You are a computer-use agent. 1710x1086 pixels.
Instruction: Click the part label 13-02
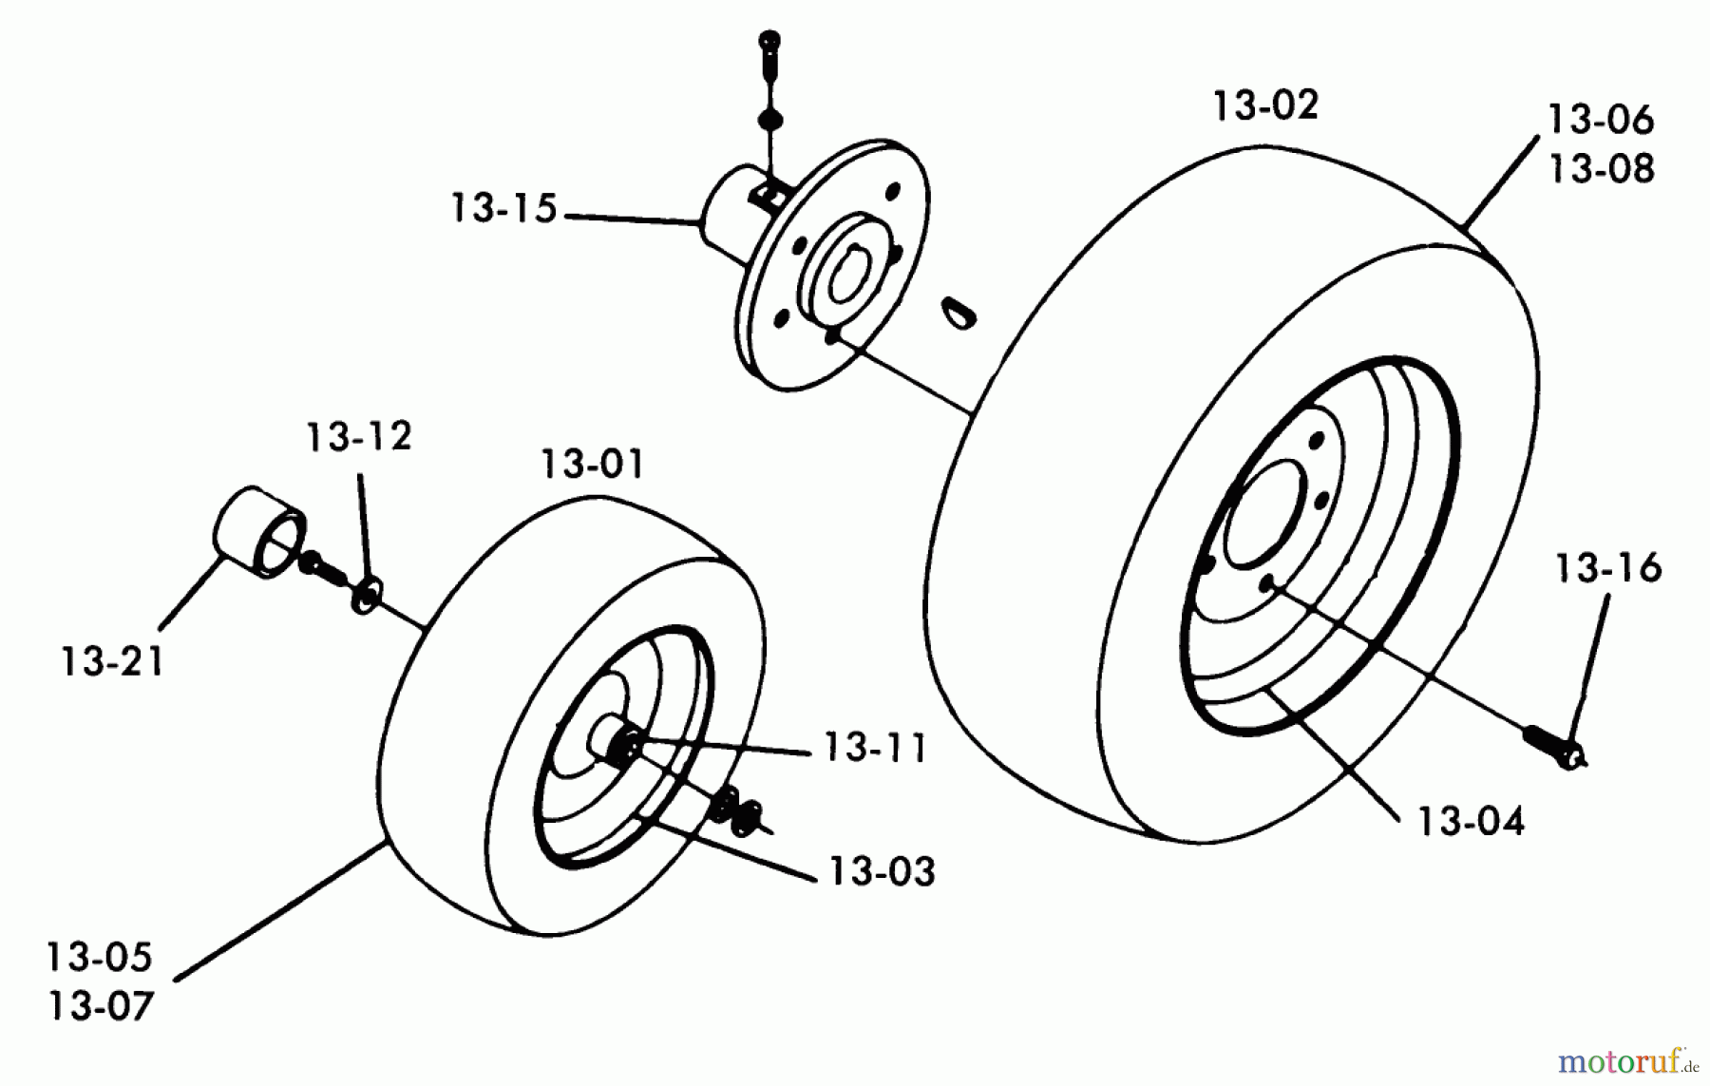pyautogui.click(x=1265, y=105)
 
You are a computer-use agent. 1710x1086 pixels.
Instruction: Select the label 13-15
pyautogui.click(x=503, y=208)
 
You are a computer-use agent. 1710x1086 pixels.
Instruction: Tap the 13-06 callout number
pyautogui.click(x=1601, y=120)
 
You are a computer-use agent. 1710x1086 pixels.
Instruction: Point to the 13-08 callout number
pyautogui.click(x=1601, y=169)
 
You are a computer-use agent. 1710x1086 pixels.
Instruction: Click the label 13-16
pyautogui.click(x=1607, y=568)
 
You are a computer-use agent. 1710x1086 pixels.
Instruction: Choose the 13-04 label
pyautogui.click(x=1471, y=822)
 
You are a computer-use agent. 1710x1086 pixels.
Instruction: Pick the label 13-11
pyautogui.click(x=875, y=749)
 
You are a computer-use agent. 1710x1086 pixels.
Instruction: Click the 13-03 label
pyautogui.click(x=882, y=871)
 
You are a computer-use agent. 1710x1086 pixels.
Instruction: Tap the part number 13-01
pyautogui.click(x=592, y=466)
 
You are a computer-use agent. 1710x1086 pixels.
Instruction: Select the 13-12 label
pyautogui.click(x=358, y=437)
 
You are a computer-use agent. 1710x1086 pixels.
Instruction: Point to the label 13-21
pyautogui.click(x=112, y=662)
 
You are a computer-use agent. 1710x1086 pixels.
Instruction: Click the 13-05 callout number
pyautogui.click(x=99, y=958)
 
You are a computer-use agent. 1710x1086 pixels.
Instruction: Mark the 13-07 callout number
pyautogui.click(x=100, y=1006)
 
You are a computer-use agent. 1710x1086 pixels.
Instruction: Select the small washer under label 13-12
pyautogui.click(x=366, y=596)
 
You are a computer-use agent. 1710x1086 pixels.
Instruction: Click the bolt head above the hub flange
pyautogui.click(x=769, y=42)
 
